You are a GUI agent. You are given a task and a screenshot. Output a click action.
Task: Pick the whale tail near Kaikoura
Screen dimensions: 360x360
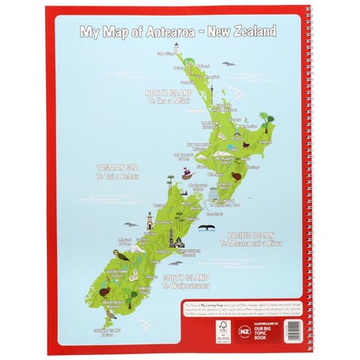(204, 228)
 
